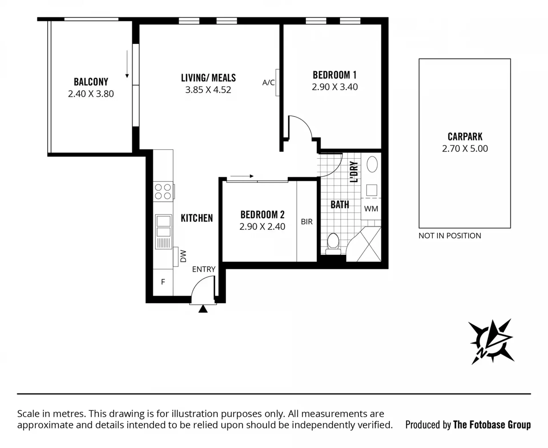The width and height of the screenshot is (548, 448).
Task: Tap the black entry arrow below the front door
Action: point(203,309)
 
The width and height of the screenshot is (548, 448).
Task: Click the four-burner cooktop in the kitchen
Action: point(163,191)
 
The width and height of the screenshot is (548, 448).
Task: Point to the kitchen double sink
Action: point(164,232)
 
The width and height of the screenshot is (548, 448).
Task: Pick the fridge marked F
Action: point(163,282)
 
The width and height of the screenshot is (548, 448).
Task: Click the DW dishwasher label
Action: point(183,256)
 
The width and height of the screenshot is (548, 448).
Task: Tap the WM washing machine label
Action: point(371,209)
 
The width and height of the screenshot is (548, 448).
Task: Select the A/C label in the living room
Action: point(269,83)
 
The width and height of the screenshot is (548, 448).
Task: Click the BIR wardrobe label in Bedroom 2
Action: point(307,222)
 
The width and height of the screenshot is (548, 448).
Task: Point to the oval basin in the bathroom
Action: point(372,164)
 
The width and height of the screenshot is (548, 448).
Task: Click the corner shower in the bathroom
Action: point(364,244)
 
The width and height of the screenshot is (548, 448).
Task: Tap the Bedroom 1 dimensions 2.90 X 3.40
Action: point(335,87)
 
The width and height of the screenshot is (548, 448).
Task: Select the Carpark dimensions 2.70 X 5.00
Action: point(465,148)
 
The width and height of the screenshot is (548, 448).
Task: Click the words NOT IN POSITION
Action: point(450,236)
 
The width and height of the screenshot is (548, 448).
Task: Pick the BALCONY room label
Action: point(91,82)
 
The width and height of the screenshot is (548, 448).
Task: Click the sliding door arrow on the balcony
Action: point(127,64)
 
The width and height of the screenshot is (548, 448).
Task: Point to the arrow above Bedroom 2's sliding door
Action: point(242,176)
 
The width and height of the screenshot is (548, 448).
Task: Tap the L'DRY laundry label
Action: point(354,172)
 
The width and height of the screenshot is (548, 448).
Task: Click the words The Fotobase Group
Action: point(492,425)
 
